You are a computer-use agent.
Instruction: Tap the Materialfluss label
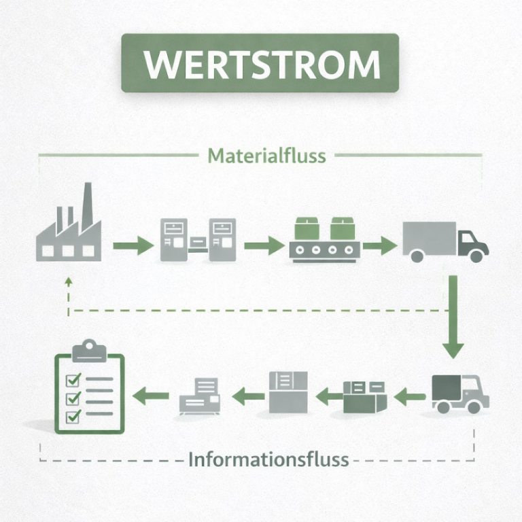point(266,156)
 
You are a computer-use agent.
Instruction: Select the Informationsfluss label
point(268,459)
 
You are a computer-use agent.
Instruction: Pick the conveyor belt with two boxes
point(324,240)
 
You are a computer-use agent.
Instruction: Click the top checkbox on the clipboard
point(72,379)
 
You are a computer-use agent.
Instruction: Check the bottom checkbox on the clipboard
point(72,415)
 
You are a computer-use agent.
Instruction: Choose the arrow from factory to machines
point(133,245)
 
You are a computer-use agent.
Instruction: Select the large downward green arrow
point(453,316)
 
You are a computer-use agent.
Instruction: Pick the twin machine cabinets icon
point(198,240)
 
